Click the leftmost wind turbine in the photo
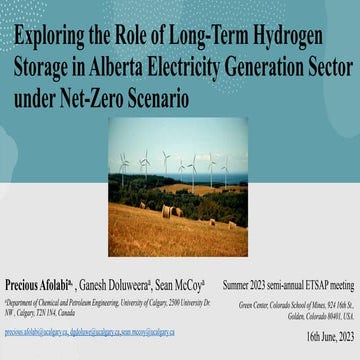tap(123, 167)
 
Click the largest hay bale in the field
tap(168, 211)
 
